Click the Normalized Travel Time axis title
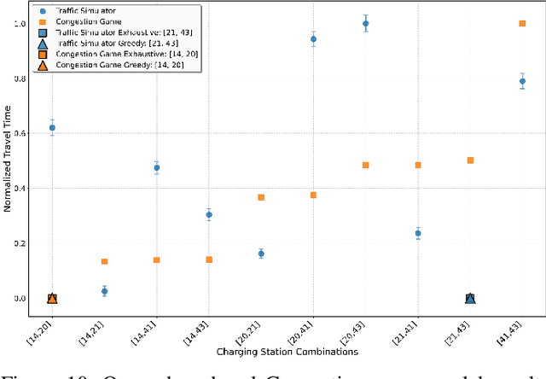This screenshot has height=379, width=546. click(8, 163)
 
